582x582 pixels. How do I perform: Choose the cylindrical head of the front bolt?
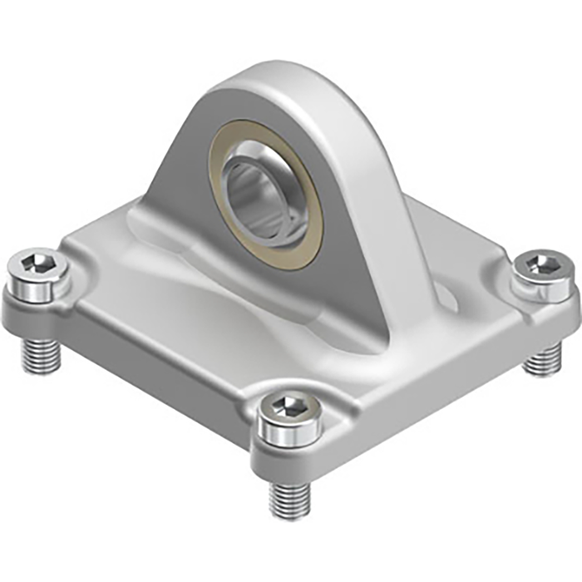tap(287, 428)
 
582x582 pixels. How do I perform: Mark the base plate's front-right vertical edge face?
tap(432, 382)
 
